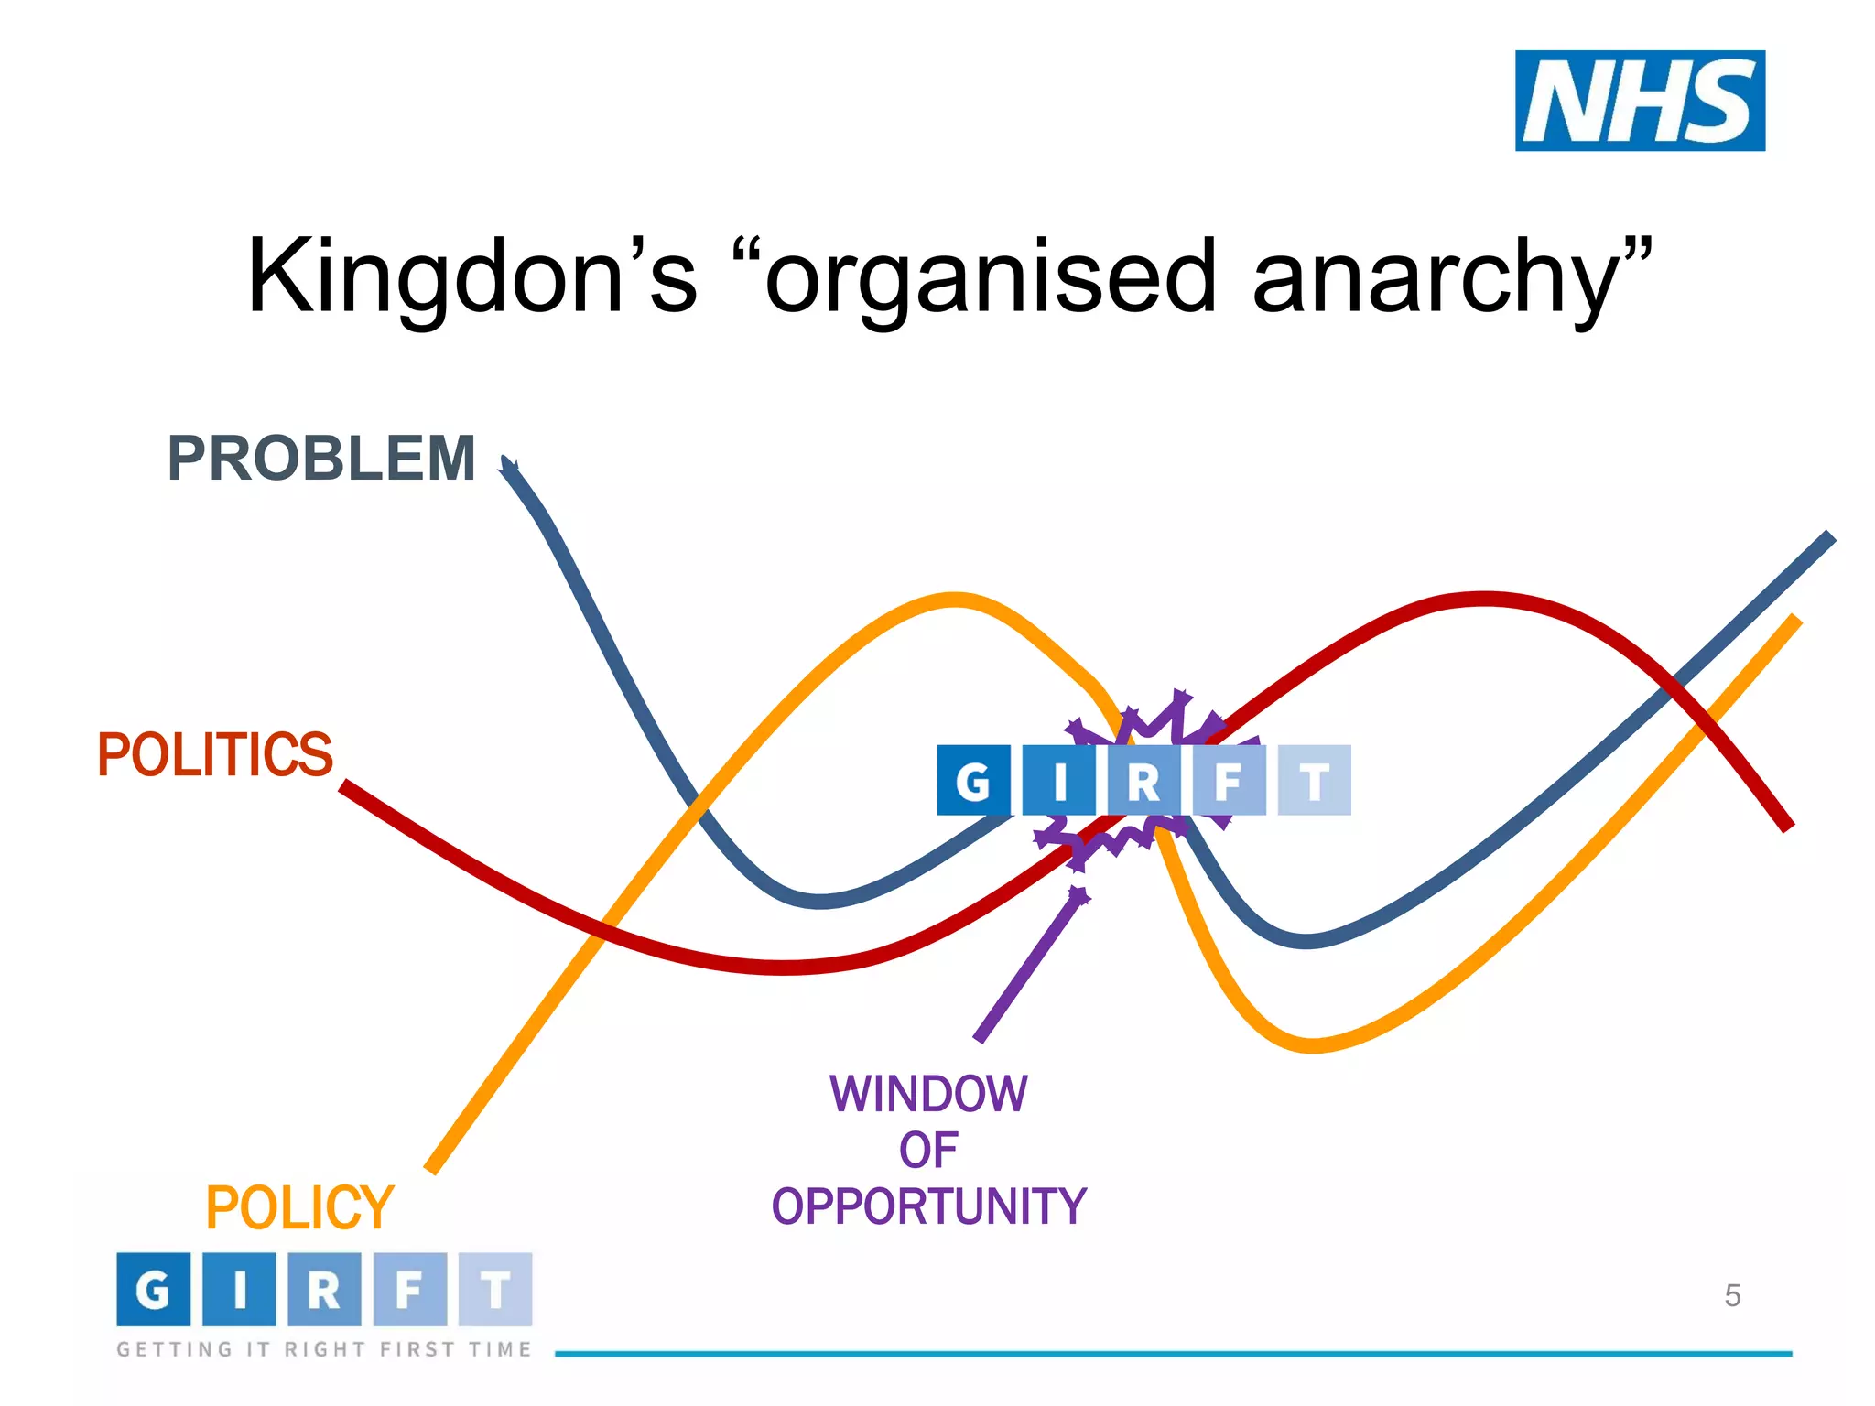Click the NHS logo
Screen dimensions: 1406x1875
[x=1639, y=101]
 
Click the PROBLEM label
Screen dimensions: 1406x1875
[x=321, y=458]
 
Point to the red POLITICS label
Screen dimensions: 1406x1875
[x=214, y=755]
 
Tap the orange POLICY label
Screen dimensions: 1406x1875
[x=299, y=1208]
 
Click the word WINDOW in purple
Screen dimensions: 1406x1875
[x=928, y=1094]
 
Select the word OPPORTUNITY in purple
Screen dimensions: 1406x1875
[x=928, y=1206]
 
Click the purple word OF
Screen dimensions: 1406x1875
[x=928, y=1151]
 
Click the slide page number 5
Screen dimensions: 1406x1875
[x=1732, y=1296]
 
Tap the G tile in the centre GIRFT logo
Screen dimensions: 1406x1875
[x=973, y=781]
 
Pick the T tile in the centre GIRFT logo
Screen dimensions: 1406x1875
[x=1315, y=781]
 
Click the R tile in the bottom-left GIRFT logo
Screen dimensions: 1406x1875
[x=324, y=1290]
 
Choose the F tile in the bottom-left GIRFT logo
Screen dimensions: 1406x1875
[x=409, y=1290]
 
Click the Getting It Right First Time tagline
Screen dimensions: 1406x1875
[x=323, y=1349]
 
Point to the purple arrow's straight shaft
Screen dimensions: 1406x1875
[x=1025, y=970]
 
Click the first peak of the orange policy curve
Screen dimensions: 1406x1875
[x=954, y=600]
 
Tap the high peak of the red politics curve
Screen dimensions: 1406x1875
[x=1483, y=600]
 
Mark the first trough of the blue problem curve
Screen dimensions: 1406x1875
[x=821, y=902]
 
